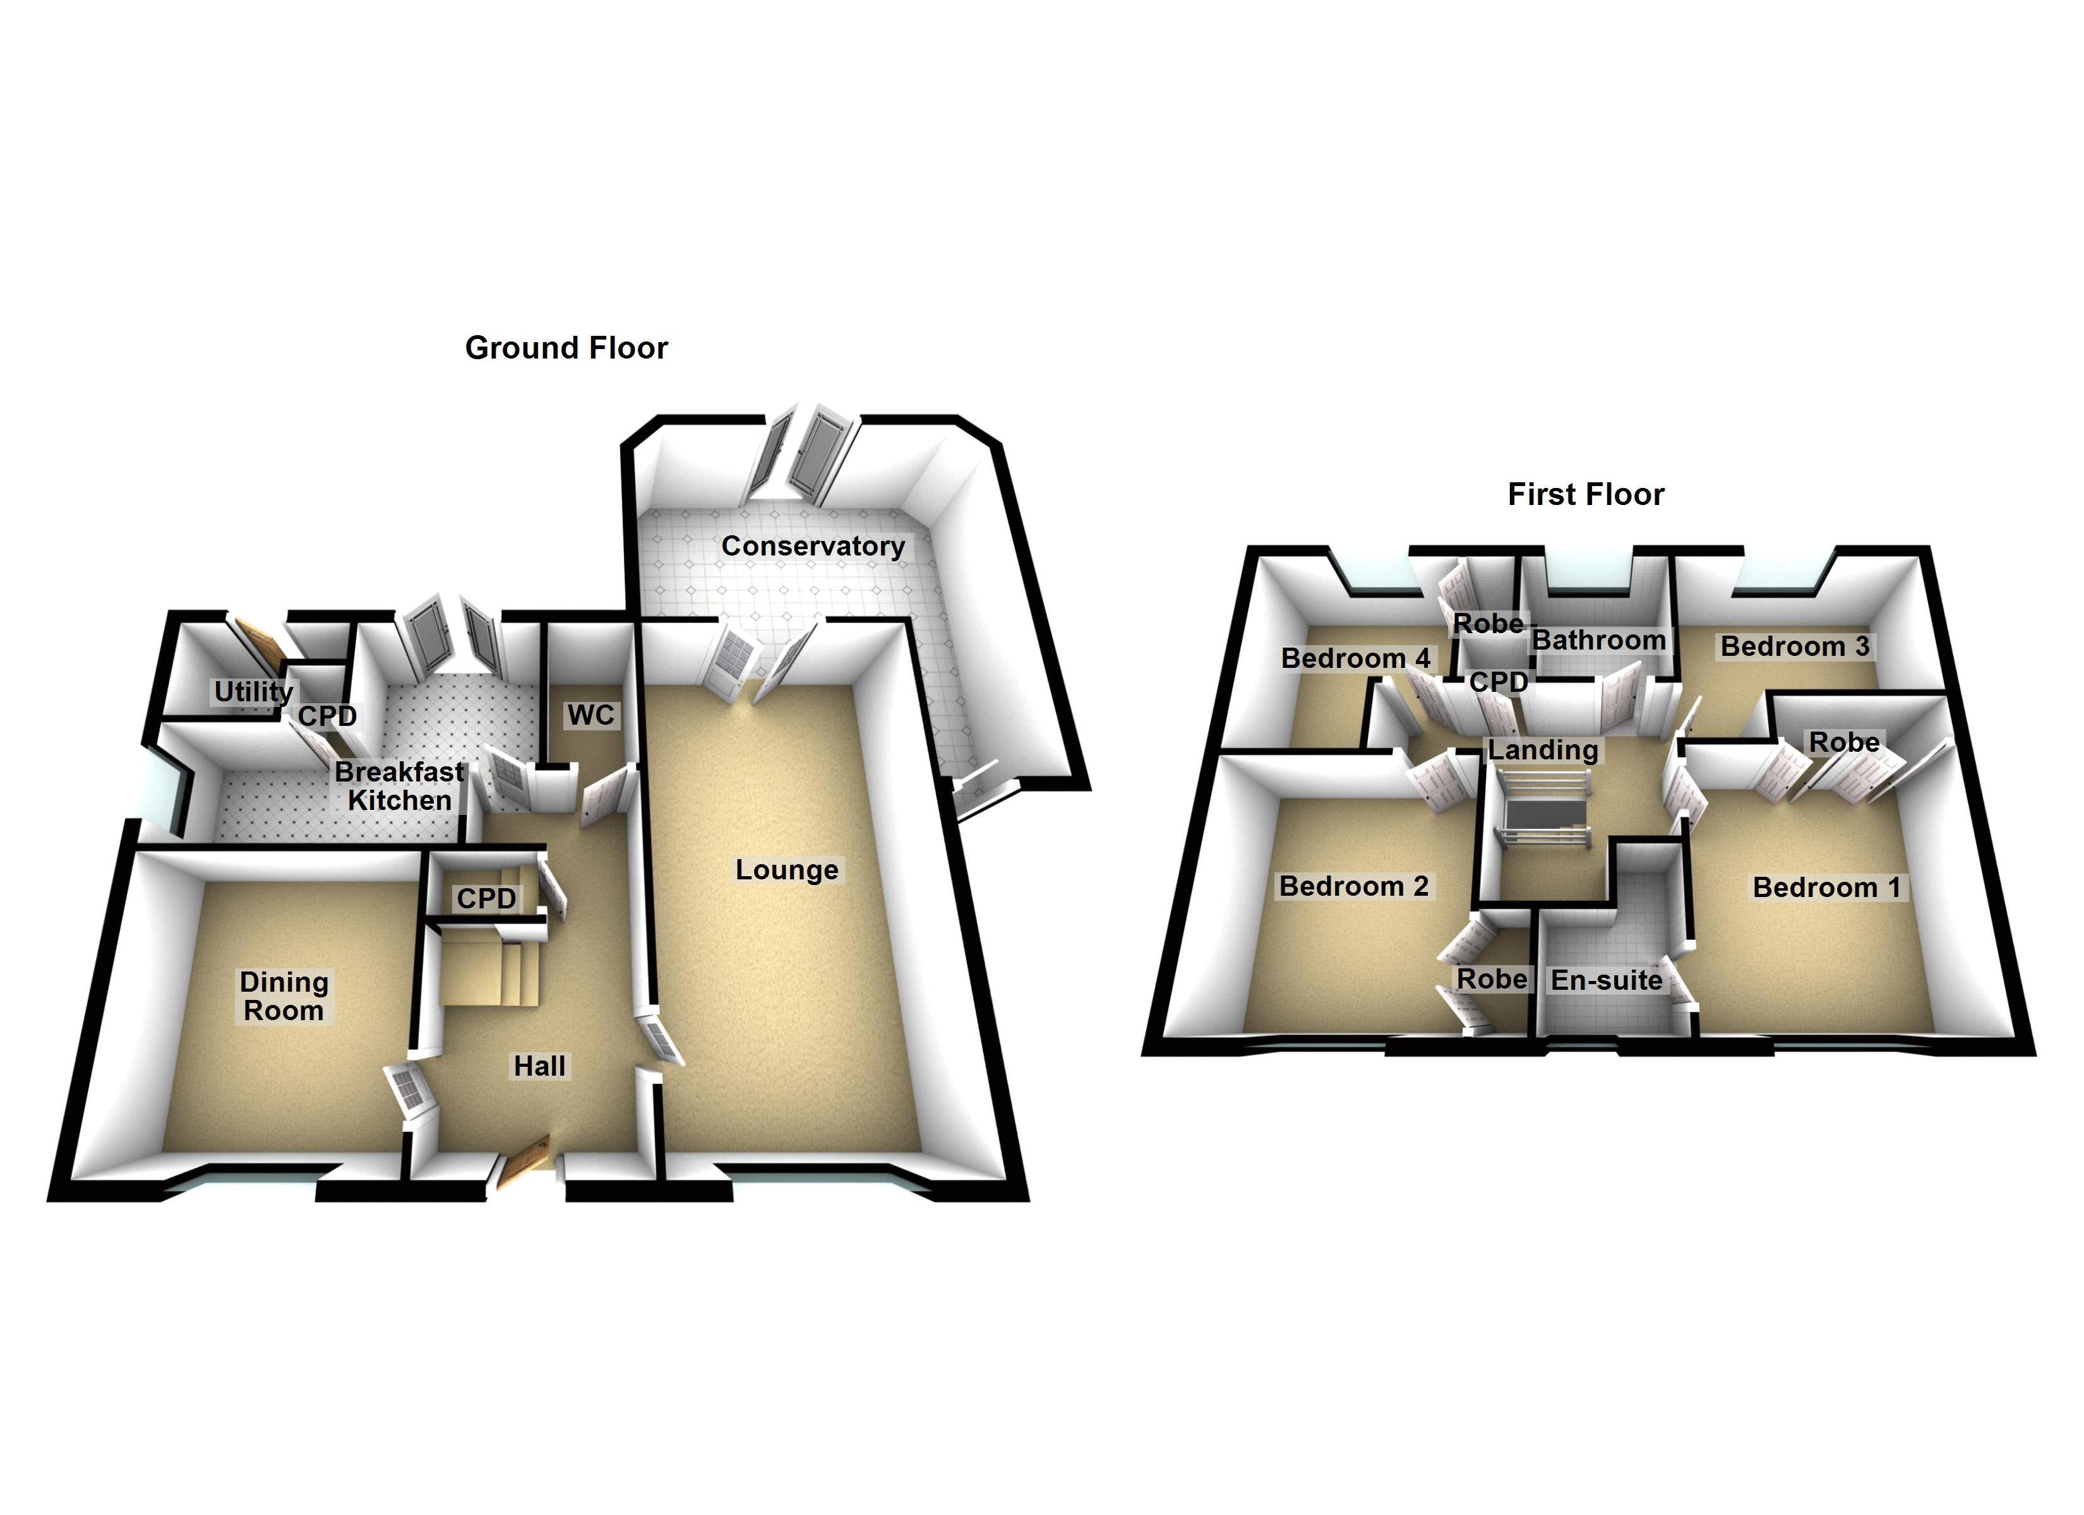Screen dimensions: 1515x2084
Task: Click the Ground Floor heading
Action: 566,348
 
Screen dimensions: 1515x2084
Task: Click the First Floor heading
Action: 1585,494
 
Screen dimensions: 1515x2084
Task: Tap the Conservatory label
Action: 812,546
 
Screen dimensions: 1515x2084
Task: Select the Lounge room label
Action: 787,869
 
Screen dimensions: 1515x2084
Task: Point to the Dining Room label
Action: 284,996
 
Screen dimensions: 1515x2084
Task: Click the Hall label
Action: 539,1066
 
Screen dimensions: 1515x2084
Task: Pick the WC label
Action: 590,715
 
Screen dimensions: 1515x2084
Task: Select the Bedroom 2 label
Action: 1353,886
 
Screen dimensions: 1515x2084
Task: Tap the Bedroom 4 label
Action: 1355,658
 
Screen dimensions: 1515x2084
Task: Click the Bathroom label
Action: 1599,639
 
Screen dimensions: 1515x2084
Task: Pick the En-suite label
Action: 1606,980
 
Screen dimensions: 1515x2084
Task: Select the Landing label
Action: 1543,750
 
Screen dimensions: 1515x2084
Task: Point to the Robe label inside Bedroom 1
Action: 1844,742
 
